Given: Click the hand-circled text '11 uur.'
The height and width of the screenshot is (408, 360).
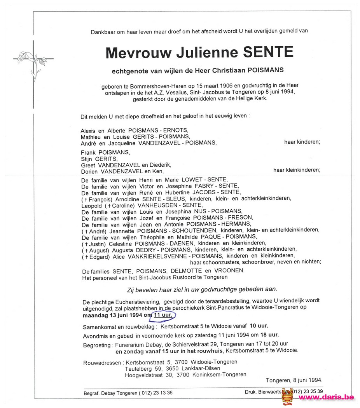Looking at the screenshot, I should (164, 315).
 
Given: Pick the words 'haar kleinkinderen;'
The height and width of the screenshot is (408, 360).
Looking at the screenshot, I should (297, 170).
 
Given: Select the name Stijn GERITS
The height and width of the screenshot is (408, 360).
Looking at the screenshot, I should (99, 159).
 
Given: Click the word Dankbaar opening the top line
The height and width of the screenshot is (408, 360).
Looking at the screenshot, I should (103, 32).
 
